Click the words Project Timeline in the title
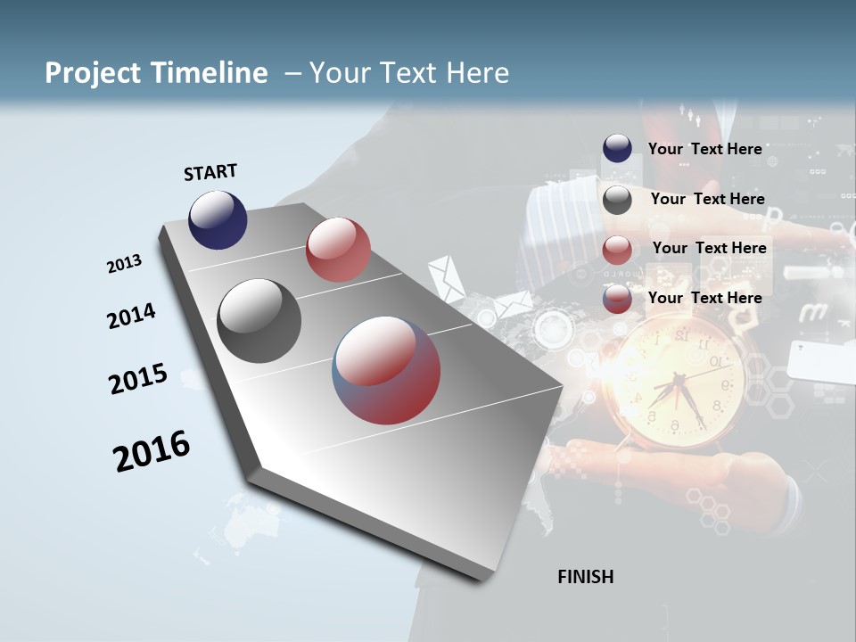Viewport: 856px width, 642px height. (156, 73)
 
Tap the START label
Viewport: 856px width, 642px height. (210, 172)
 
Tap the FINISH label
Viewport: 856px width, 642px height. (586, 577)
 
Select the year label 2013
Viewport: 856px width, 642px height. (124, 264)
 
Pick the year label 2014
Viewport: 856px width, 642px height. (131, 316)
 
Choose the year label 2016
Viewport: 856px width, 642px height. (152, 450)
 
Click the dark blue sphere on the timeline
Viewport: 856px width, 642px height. (218, 219)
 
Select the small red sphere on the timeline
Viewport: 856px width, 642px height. (338, 250)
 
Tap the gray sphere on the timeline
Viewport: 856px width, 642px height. (259, 321)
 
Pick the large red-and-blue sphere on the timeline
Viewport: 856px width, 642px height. (386, 370)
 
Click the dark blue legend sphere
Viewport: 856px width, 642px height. (617, 149)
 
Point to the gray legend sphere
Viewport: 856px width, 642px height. (617, 200)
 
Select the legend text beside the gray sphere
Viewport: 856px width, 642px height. (707, 199)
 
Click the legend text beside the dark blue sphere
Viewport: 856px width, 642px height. (704, 149)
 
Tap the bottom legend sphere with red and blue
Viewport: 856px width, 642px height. (617, 300)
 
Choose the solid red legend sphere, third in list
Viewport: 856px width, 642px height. (617, 250)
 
